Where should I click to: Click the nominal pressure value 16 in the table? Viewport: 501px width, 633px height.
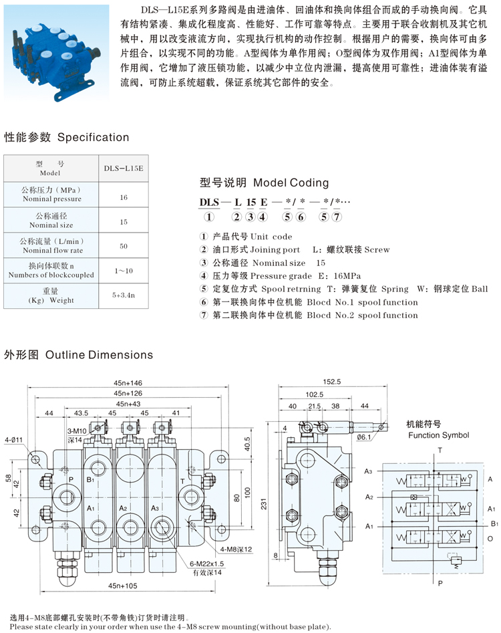click(124, 197)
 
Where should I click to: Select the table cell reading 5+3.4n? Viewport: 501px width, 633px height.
click(124, 295)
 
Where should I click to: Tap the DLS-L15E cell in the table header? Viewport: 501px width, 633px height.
click(124, 168)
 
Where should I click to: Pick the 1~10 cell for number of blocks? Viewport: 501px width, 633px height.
click(124, 271)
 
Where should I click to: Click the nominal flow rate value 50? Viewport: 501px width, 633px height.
click(124, 246)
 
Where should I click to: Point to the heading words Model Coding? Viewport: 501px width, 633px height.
click(291, 183)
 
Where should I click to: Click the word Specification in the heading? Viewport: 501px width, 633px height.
click(93, 137)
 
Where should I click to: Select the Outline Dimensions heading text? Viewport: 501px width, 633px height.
click(100, 355)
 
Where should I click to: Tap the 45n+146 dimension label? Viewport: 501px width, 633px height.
click(128, 383)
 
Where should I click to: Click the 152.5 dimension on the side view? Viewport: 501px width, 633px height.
click(332, 382)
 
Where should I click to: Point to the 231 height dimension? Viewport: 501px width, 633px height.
click(264, 504)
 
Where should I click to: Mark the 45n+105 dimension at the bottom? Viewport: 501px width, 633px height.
click(123, 586)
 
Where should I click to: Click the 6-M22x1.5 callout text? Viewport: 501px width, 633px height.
click(206, 563)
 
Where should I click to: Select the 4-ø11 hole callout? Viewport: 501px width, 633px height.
click(14, 440)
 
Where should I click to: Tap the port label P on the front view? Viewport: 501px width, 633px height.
click(71, 480)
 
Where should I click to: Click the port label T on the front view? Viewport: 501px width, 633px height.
click(182, 481)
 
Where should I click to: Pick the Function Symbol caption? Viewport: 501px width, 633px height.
click(438, 435)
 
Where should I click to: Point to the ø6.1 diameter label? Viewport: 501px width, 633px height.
click(364, 437)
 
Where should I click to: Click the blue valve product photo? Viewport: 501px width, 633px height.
click(57, 53)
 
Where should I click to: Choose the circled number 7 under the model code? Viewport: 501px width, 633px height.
click(337, 217)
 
